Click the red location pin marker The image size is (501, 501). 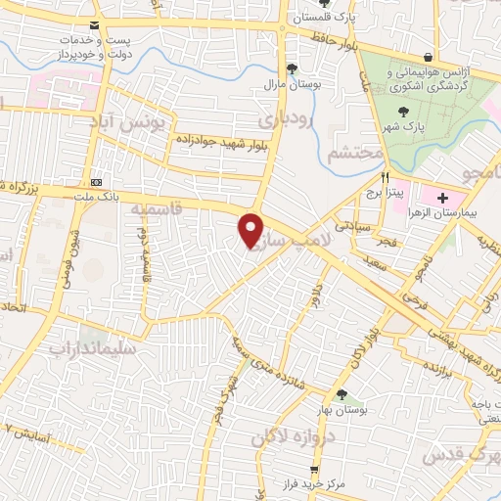click(x=252, y=229)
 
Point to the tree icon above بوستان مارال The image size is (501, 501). click(x=291, y=68)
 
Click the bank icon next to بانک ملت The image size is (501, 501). click(x=96, y=182)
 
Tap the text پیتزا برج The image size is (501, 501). click(x=386, y=193)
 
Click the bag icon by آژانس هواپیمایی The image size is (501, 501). click(x=429, y=56)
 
